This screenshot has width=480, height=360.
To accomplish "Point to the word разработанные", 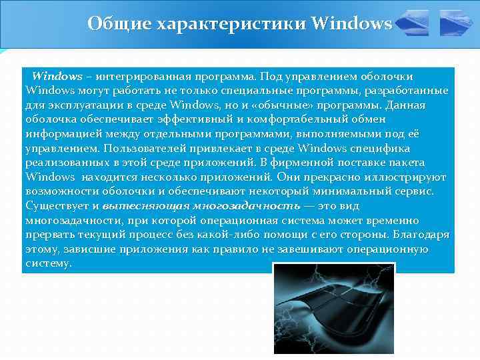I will tap(408, 91).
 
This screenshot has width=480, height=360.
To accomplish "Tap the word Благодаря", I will tap(421, 235).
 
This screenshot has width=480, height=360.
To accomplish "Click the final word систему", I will tap(47, 263).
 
